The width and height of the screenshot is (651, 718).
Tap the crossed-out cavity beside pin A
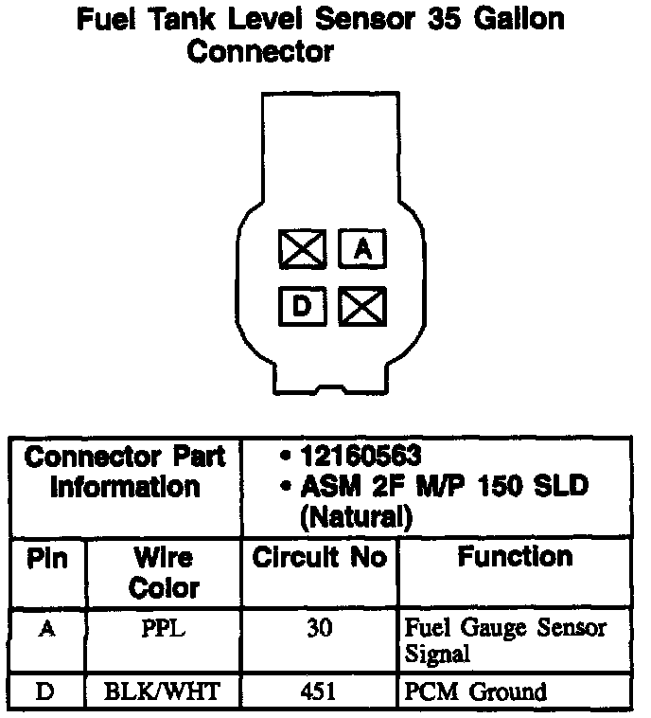(303, 249)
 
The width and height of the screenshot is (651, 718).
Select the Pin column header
(47, 559)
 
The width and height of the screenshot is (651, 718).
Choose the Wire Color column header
(164, 572)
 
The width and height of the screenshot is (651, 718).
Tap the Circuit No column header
(319, 559)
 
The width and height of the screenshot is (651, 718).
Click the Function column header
(515, 557)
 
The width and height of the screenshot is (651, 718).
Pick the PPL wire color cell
(163, 629)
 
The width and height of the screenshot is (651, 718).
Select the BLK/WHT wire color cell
(164, 692)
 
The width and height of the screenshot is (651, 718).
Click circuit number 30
(319, 629)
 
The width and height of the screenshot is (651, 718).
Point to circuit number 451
(319, 692)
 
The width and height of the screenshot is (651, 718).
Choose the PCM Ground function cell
(475, 692)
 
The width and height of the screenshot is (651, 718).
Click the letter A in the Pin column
(45, 629)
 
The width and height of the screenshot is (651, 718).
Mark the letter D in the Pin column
(45, 692)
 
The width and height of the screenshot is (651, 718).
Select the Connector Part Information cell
(125, 472)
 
